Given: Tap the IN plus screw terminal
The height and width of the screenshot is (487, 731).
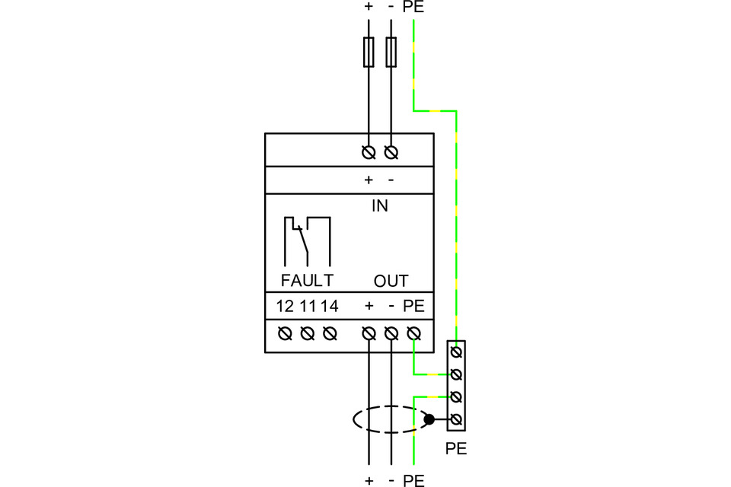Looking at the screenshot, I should [369, 153].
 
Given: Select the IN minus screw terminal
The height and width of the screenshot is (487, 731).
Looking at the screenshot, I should [391, 153].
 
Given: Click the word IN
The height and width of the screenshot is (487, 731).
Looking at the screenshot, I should [379, 205].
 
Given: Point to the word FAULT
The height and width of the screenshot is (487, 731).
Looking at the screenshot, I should [307, 281].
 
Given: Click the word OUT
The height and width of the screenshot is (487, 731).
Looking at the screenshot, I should [391, 281].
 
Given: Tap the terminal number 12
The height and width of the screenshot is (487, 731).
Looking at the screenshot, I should [285, 307].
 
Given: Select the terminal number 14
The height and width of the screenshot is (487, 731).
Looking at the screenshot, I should [330, 307].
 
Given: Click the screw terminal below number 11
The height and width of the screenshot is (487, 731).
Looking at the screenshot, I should [308, 333].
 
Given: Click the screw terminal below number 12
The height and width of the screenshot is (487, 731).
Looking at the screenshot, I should [285, 333].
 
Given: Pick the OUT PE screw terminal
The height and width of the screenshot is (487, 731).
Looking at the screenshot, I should [413, 333].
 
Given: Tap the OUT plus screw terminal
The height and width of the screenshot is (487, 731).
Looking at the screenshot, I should [369, 333].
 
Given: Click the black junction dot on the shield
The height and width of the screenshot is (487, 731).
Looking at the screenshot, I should [429, 419].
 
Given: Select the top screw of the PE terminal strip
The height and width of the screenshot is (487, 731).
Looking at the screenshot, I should [456, 352].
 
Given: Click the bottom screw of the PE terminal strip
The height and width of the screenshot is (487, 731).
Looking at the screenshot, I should [456, 419].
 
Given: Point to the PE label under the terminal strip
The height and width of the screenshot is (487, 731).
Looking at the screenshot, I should [455, 449].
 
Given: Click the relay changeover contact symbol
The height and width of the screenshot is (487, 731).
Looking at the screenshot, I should [307, 239].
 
